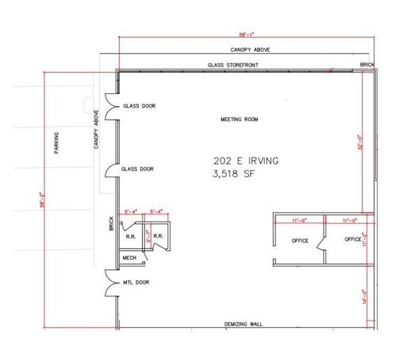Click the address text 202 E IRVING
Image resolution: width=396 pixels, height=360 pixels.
(x=246, y=161)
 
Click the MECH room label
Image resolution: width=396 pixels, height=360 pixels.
(x=129, y=258)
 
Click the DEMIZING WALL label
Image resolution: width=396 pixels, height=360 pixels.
(x=242, y=324)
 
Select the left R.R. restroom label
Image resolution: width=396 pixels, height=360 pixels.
(x=130, y=235)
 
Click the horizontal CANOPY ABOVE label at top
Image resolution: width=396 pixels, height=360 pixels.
(x=250, y=50)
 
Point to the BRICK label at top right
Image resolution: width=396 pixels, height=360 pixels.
(x=367, y=65)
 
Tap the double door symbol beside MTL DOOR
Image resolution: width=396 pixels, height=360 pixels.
(x=110, y=283)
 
